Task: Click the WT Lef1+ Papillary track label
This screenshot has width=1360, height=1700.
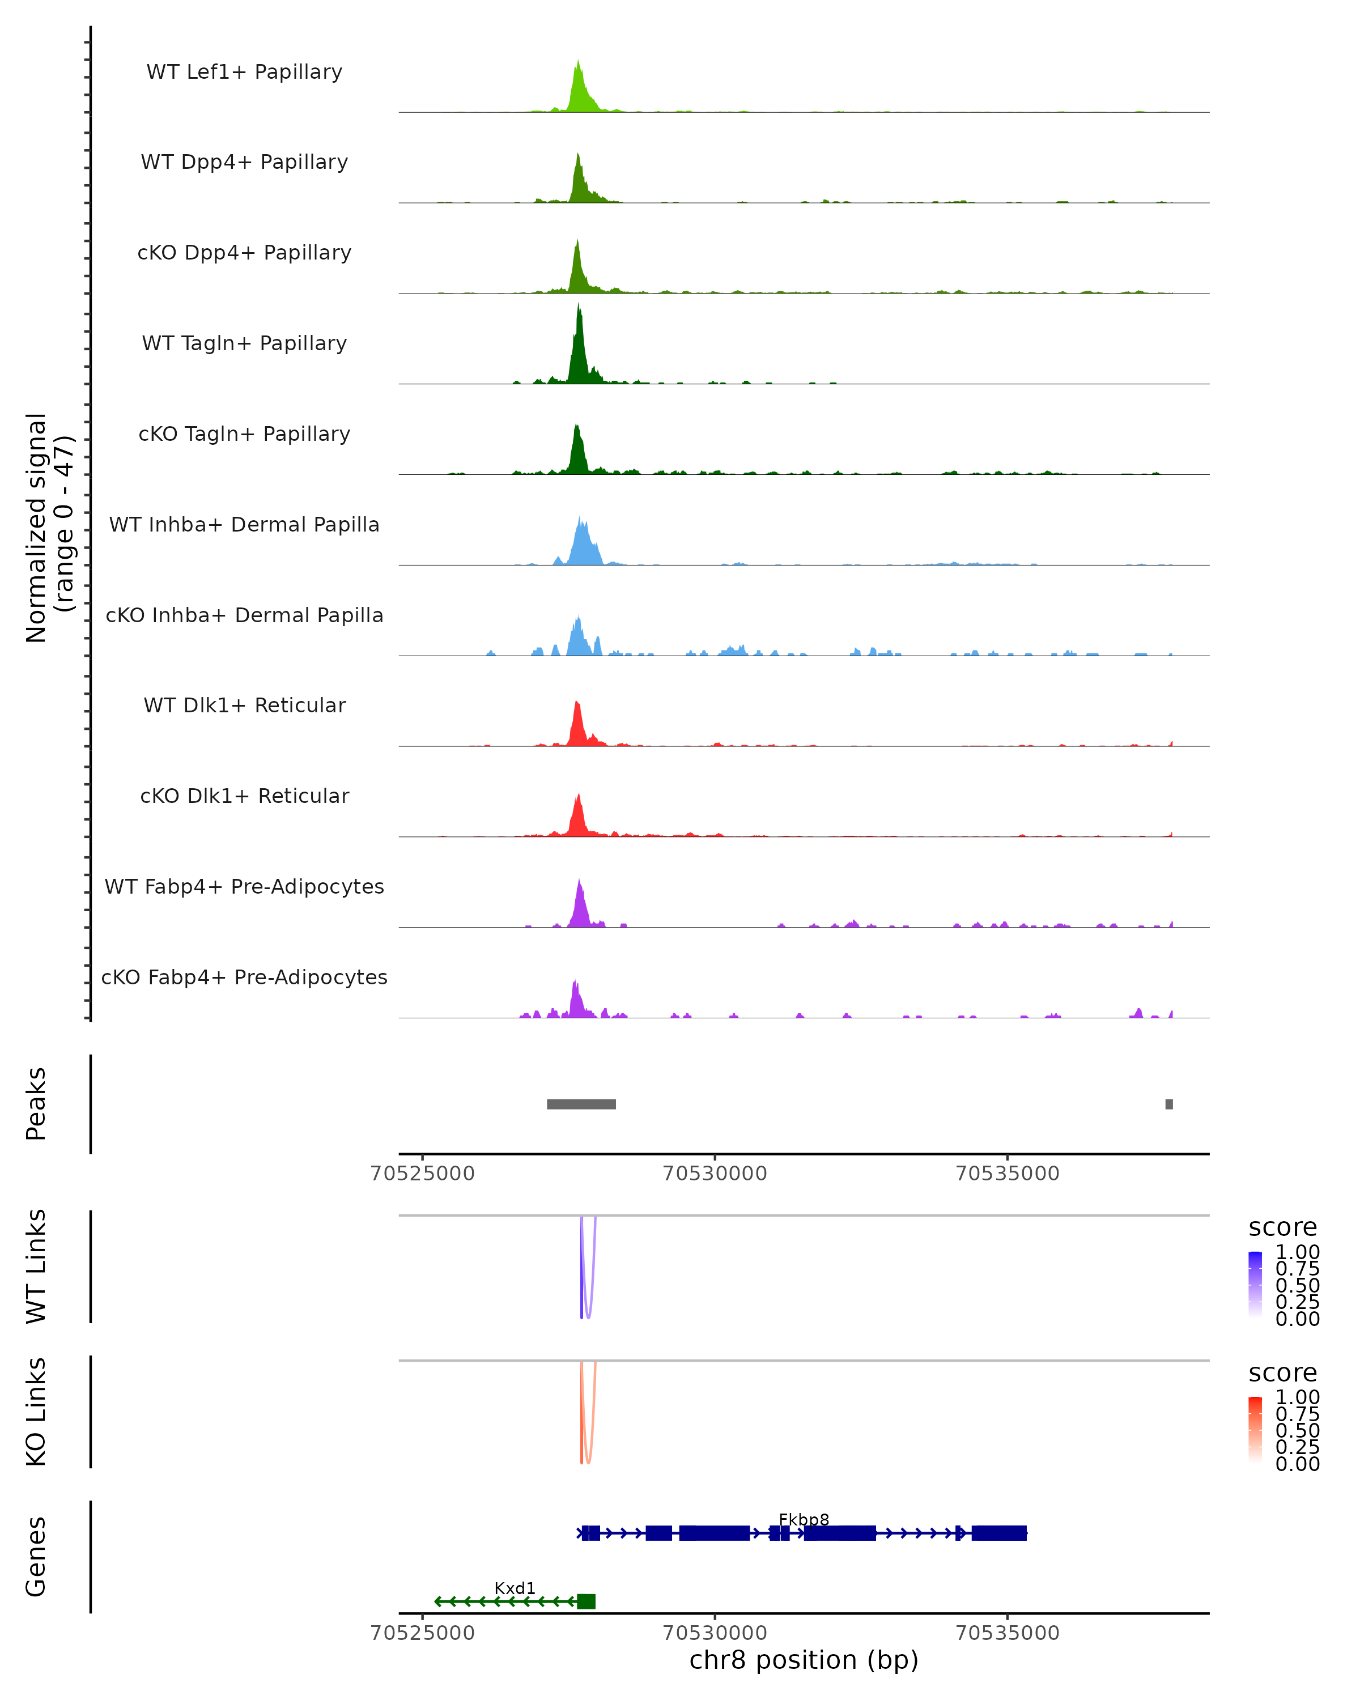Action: pos(244,72)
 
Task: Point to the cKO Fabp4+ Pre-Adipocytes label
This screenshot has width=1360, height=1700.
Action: pos(244,977)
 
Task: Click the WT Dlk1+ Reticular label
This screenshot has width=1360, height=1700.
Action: pos(244,705)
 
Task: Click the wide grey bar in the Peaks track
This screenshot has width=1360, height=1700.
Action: pos(581,1104)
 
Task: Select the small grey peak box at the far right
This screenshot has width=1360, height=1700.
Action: pos(1168,1104)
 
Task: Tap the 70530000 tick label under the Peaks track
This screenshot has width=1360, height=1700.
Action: pos(715,1174)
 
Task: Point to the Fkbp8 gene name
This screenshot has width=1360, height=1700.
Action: pos(804,1519)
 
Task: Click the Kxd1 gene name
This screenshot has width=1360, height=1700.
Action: pos(515,1588)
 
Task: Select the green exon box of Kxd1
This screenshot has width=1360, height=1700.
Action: pos(586,1601)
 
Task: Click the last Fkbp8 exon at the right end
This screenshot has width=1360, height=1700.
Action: pos(999,1533)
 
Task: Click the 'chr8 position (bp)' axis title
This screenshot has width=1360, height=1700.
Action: pos(804,1660)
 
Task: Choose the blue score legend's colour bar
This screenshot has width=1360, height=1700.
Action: pos(1255,1283)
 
